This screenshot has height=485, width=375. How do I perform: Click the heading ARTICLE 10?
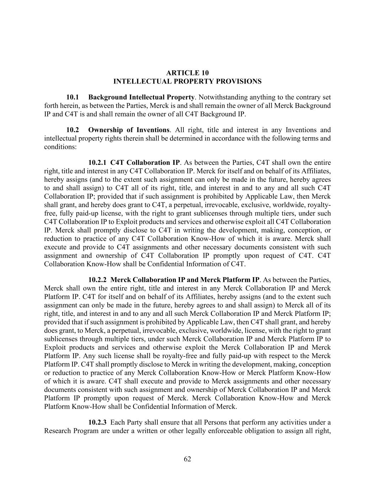pos(187,73)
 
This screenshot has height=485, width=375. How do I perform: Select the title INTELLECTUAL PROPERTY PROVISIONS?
pos(187,81)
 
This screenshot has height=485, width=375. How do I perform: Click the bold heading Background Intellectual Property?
pos(141,97)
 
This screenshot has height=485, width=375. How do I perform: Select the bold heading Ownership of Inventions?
pos(129,130)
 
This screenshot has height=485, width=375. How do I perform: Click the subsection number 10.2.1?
pos(97,163)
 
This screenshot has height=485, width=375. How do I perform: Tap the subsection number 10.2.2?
pos(97,280)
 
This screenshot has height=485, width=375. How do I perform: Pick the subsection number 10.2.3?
pos(97,422)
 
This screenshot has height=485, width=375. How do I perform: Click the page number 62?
pos(187,459)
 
